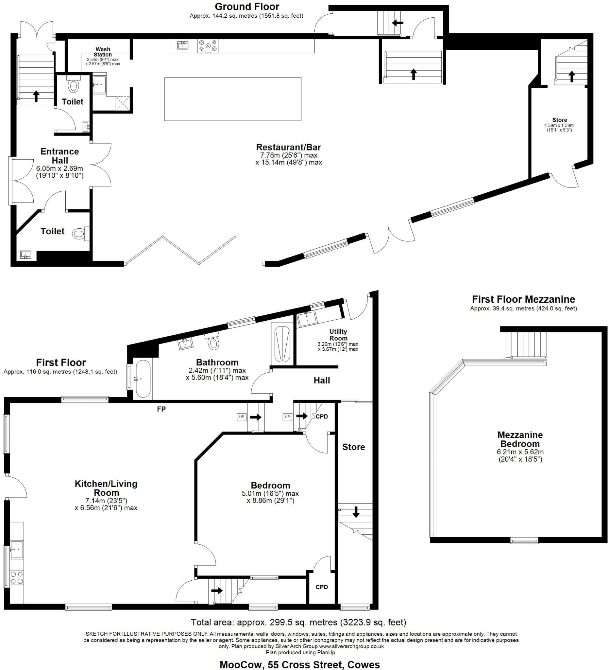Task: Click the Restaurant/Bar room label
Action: (288, 147)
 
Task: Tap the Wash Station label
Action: (103, 52)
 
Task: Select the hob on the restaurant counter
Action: (208, 46)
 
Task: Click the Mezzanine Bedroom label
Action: (520, 439)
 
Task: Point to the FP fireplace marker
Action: (161, 410)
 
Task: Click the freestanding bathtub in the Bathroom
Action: (143, 379)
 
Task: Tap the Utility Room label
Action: (338, 335)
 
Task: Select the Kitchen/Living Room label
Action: (106, 488)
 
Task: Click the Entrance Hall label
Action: (60, 156)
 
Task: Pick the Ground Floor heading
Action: (247, 7)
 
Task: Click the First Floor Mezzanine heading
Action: (523, 299)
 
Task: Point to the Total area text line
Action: (298, 622)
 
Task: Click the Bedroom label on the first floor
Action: (270, 485)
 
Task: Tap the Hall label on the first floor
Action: (321, 380)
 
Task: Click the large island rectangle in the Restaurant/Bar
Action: (233, 99)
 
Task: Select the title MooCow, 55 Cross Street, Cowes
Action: (299, 664)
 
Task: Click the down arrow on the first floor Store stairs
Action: (356, 512)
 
